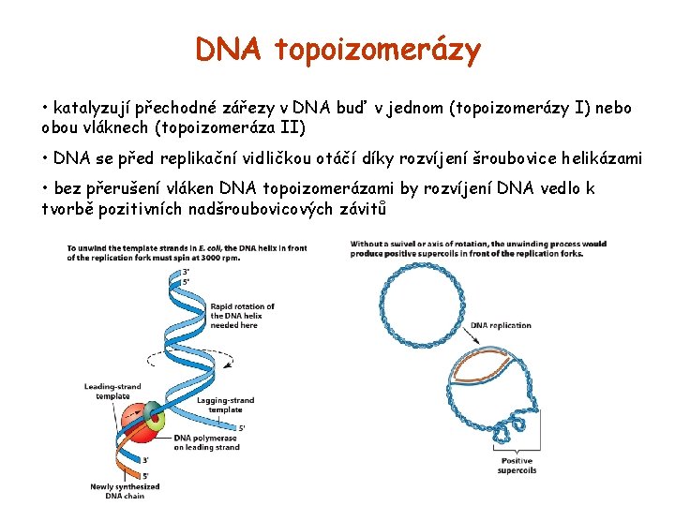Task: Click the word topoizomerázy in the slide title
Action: [378, 50]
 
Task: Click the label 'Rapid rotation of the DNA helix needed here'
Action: [242, 316]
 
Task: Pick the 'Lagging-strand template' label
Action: [225, 405]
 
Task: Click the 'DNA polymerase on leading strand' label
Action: [206, 442]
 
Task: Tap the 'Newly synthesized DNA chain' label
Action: [125, 491]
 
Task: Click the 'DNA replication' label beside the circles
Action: [501, 326]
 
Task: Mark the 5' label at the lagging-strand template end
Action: [242, 428]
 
